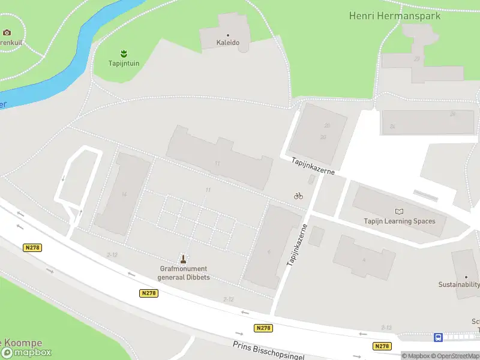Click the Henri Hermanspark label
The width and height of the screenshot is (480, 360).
[x=395, y=16]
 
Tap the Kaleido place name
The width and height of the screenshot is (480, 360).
[x=228, y=43]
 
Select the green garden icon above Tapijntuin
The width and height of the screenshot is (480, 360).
[x=124, y=53]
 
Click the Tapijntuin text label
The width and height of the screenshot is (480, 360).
[x=124, y=63]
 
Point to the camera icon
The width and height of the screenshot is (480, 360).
[x=7, y=32]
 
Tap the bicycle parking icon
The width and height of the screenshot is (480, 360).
[x=298, y=196]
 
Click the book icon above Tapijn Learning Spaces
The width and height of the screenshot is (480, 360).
[x=400, y=211]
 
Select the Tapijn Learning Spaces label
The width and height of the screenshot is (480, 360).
[x=400, y=221]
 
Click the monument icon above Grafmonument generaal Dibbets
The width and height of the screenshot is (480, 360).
[x=184, y=259]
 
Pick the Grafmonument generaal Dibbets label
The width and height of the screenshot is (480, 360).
[x=184, y=273]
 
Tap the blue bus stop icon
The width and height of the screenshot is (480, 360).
[x=439, y=337]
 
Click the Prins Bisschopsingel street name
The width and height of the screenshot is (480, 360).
[x=268, y=350]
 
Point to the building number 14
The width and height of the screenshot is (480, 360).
[x=124, y=194]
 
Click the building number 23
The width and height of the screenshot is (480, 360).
[x=417, y=59]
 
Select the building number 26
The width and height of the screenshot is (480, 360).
[x=392, y=127]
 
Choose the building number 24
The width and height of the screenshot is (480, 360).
[x=453, y=114]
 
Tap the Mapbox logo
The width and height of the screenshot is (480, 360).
[x=26, y=352]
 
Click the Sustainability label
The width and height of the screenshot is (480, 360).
[x=459, y=284]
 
